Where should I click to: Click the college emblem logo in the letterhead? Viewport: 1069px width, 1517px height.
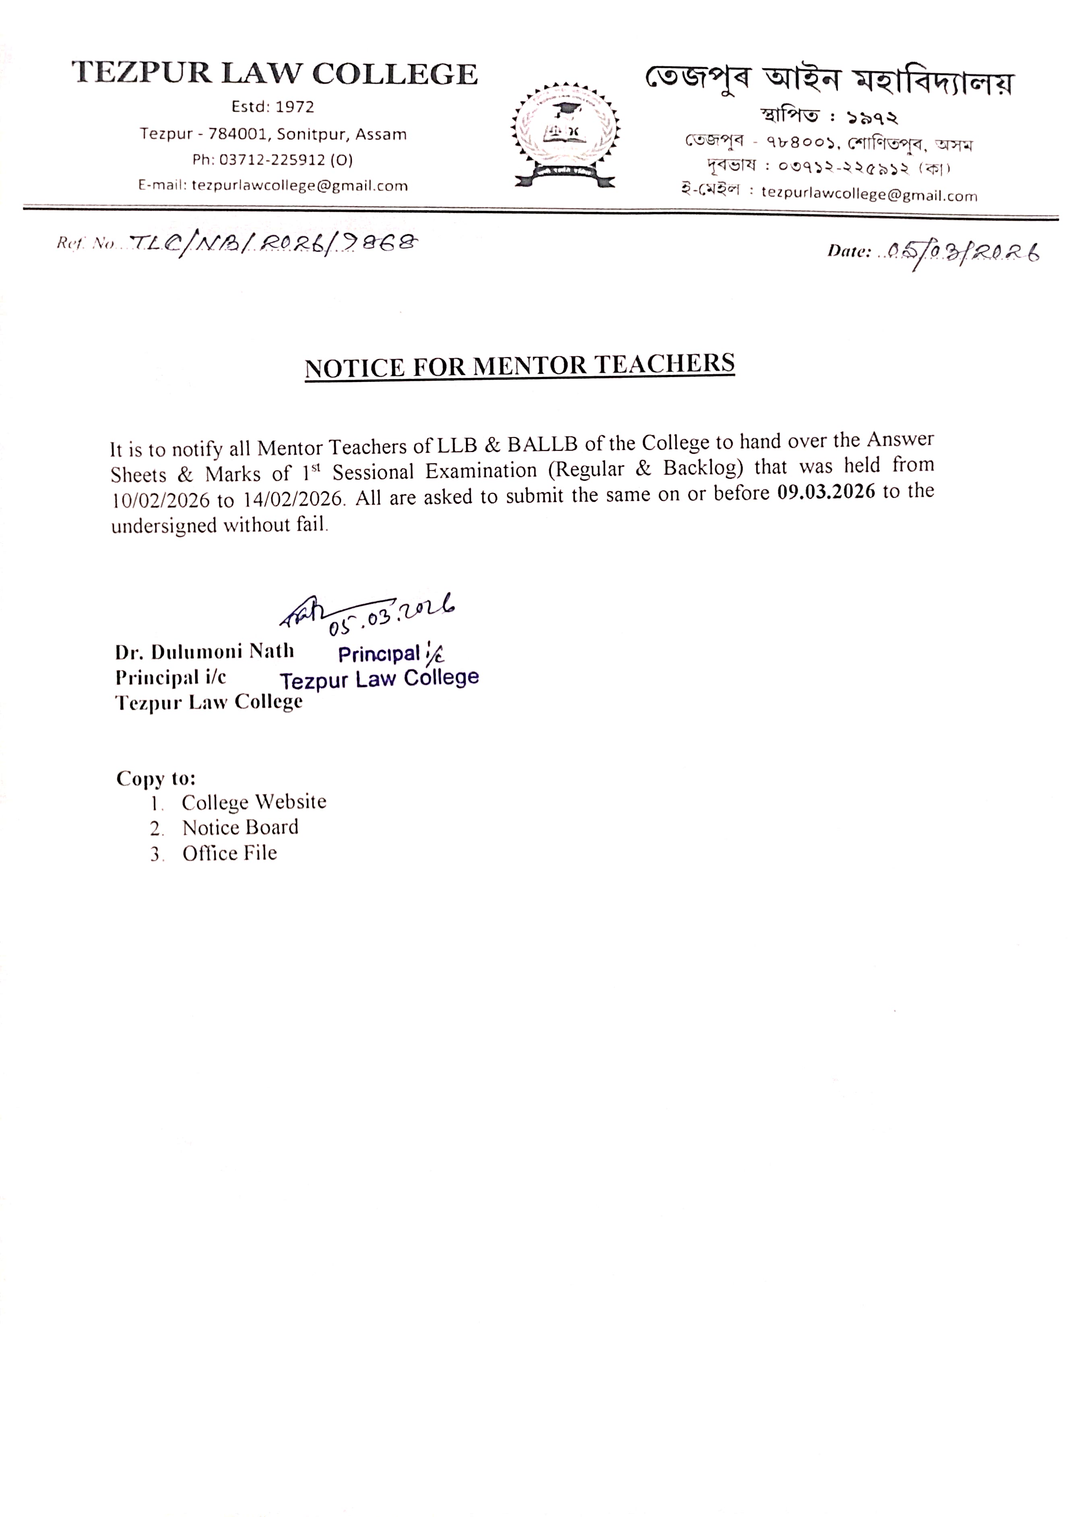pos(565,135)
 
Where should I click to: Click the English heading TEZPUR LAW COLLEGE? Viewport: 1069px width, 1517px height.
pos(275,73)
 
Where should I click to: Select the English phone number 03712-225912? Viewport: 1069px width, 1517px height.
pos(272,160)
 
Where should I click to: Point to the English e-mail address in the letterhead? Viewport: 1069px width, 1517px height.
pos(299,186)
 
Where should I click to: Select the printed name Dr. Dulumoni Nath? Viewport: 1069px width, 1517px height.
pos(204,652)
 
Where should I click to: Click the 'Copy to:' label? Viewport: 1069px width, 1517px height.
pos(156,778)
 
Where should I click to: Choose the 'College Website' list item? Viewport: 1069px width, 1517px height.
pos(254,802)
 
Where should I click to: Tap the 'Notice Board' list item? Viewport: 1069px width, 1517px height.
pos(241,827)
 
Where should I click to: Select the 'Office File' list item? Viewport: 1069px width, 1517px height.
pos(229,853)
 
